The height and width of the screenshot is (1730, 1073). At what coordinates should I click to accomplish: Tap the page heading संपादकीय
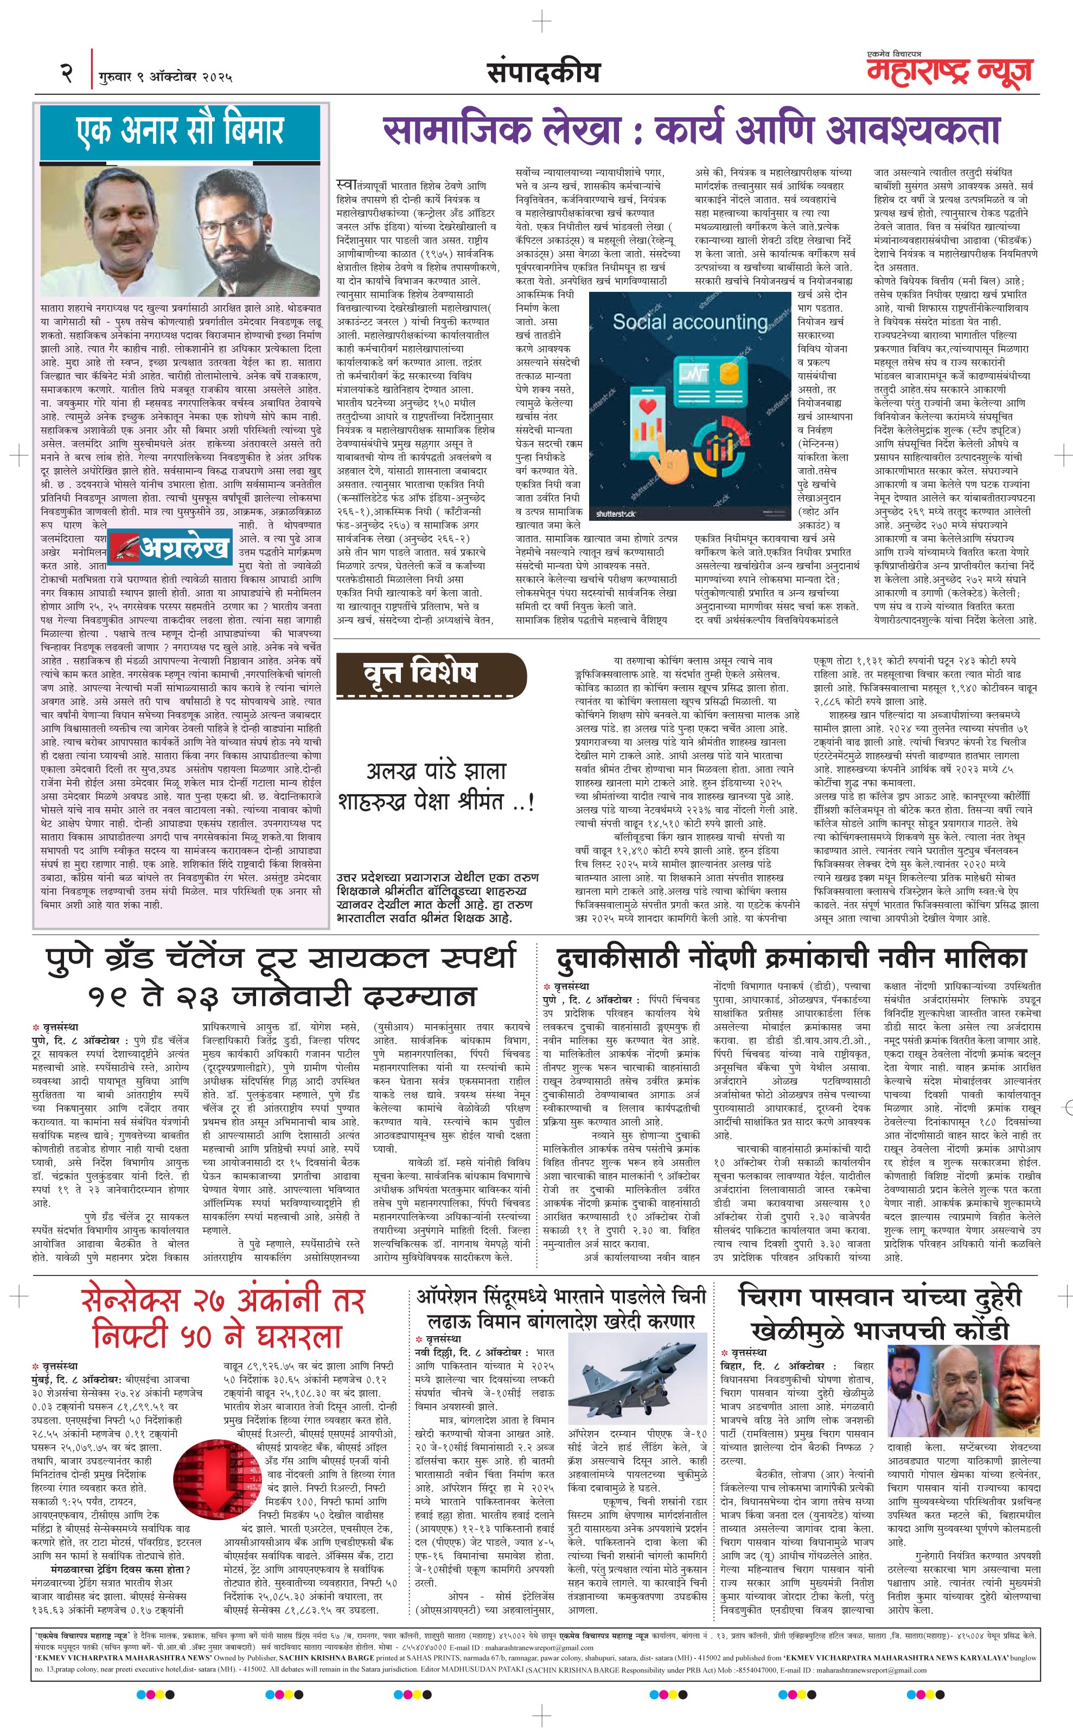point(543,72)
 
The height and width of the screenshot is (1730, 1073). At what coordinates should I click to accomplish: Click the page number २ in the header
point(67,73)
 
